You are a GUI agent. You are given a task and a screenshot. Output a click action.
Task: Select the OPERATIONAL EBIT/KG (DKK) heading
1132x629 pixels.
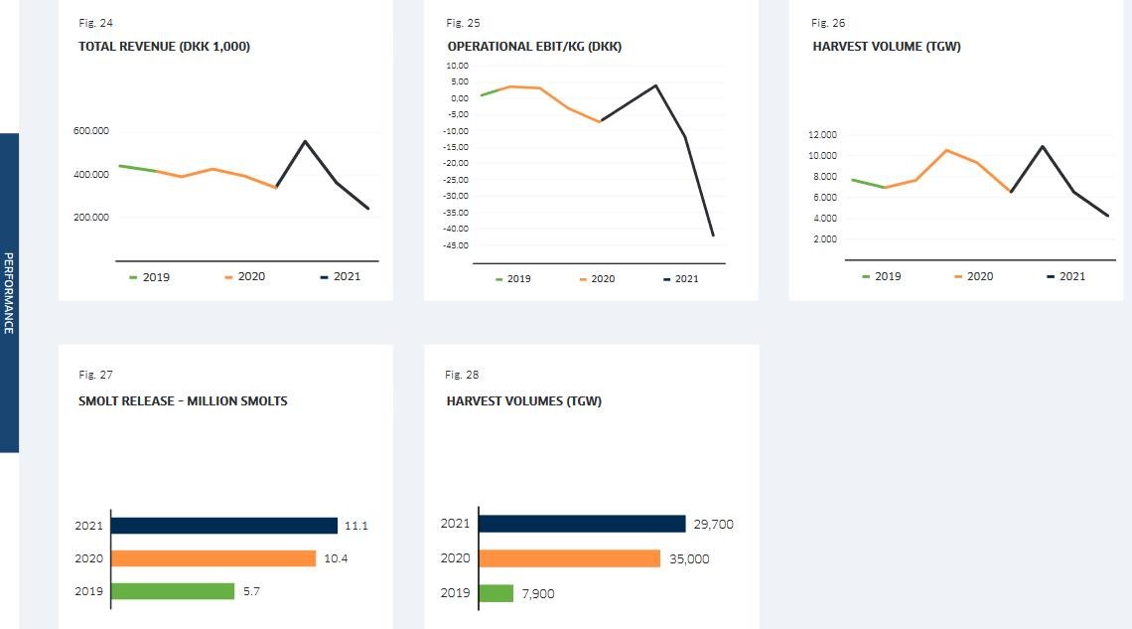[534, 46]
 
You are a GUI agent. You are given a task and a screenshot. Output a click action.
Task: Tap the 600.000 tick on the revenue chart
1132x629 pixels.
[91, 131]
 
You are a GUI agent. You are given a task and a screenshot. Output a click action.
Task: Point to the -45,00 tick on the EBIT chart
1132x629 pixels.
[455, 244]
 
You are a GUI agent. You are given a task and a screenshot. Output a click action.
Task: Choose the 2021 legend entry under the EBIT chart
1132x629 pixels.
[681, 279]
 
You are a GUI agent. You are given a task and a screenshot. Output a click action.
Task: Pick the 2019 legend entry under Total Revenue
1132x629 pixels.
[150, 276]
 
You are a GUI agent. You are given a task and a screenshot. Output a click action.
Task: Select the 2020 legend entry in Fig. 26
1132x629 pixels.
[973, 276]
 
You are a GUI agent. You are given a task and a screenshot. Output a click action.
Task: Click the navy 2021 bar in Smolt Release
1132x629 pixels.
[224, 525]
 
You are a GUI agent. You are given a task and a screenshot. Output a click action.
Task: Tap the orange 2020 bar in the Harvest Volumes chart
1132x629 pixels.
[569, 558]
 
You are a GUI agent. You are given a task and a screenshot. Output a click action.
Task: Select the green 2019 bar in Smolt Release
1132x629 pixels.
[173, 591]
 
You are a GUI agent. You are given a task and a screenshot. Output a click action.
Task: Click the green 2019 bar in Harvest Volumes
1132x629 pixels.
[495, 593]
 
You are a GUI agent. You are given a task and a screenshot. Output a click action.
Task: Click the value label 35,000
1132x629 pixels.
[689, 558]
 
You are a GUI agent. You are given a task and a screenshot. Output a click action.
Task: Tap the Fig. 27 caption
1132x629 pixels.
[95, 375]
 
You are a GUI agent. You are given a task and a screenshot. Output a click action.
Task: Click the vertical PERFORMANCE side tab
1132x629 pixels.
[9, 293]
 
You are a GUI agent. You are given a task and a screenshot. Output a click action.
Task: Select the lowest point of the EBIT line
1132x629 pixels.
[713, 236]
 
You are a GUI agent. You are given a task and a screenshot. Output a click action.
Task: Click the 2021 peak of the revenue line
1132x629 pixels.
[305, 141]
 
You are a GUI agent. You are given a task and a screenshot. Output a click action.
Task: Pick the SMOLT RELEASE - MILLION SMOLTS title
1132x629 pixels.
[183, 401]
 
